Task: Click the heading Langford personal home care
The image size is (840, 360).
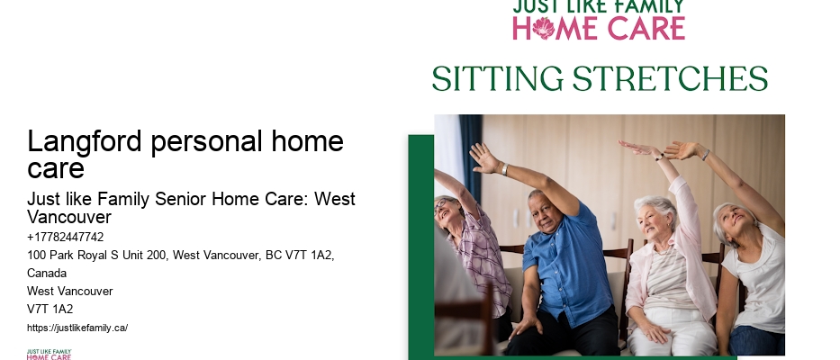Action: click(185, 154)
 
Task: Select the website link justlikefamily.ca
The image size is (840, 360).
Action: click(77, 328)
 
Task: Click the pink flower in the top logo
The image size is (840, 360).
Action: click(544, 28)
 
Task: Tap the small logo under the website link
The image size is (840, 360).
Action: click(49, 354)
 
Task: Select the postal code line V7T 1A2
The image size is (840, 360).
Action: click(50, 309)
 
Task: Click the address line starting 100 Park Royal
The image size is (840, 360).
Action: click(180, 256)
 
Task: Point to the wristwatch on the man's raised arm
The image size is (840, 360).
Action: click(505, 169)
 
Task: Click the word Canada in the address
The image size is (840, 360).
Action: click(47, 274)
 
